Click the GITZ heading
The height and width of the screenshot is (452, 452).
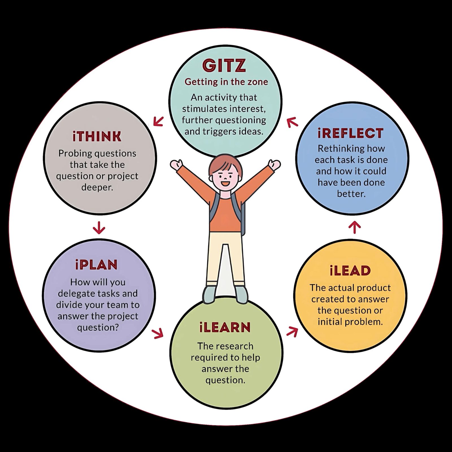[224, 65]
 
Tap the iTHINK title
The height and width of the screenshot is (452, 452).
[97, 137]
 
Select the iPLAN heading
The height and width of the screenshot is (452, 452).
[96, 265]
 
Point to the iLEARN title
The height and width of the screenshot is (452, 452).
[225, 327]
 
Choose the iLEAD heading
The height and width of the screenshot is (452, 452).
[350, 270]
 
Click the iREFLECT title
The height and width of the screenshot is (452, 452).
[351, 133]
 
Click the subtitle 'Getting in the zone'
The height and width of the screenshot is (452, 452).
[226, 82]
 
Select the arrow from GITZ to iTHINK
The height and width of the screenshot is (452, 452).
[158, 121]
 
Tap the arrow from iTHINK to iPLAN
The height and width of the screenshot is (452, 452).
[99, 228]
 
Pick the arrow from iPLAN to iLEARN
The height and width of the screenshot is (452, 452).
[158, 333]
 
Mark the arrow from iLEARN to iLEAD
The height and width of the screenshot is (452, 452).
[292, 332]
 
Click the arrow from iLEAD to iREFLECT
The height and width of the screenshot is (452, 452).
[355, 227]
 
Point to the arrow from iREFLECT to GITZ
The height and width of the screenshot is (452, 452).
[292, 122]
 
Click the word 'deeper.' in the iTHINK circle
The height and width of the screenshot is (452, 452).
[97, 187]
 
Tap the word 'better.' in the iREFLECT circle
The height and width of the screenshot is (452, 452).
[351, 194]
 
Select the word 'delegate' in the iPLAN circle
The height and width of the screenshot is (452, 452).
[76, 294]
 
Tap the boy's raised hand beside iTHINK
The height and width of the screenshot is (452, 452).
[177, 165]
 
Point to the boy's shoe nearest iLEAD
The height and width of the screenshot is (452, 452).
[241, 294]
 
